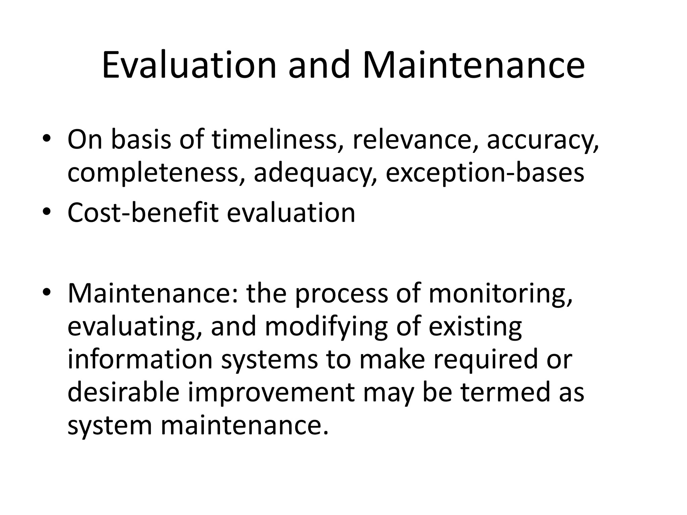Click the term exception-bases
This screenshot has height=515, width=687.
[x=485, y=173]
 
